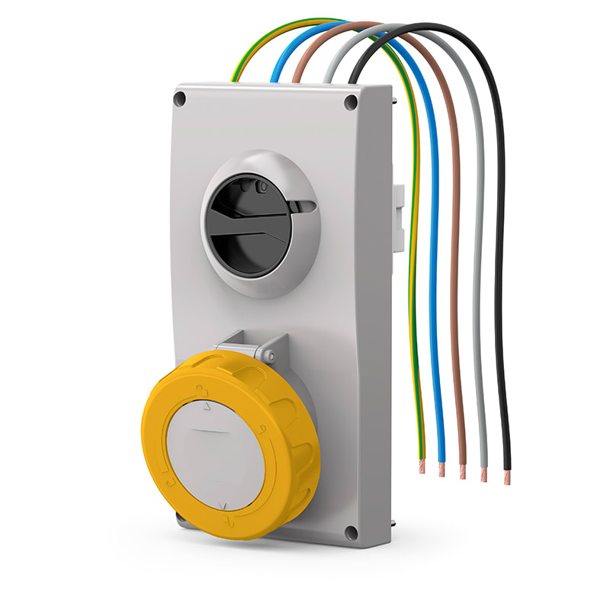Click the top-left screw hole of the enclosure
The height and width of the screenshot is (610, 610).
click(181, 98)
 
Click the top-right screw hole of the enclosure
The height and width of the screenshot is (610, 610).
click(351, 102)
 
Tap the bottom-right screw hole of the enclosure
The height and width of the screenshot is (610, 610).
click(352, 533)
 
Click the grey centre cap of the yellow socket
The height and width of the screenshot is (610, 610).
click(214, 457)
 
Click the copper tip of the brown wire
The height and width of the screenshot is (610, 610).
click(462, 472)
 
